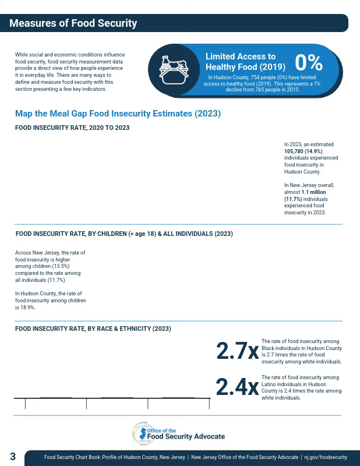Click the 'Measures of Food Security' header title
(73, 23)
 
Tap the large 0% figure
(309, 62)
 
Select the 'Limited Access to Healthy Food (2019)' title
(245, 62)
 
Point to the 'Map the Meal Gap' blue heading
(118, 114)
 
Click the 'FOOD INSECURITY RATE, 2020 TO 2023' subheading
(72, 128)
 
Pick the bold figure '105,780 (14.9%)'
(303, 151)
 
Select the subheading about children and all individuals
(124, 234)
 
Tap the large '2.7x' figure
(237, 351)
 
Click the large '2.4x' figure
(237, 387)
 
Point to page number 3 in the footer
(13, 457)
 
